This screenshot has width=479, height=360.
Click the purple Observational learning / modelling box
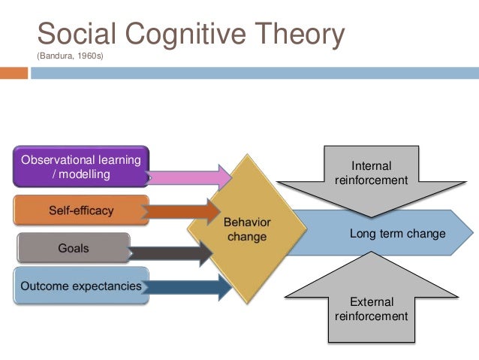click(80, 167)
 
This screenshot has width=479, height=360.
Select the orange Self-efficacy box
click(80, 210)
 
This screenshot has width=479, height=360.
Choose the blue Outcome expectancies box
click(80, 286)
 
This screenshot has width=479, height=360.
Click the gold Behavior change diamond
click(246, 229)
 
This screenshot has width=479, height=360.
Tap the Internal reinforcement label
click(371, 173)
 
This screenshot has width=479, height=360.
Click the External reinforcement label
click(371, 309)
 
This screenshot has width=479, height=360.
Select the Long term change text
click(397, 234)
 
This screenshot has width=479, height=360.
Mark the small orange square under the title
click(14, 74)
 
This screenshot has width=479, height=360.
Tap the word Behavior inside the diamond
click(247, 222)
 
